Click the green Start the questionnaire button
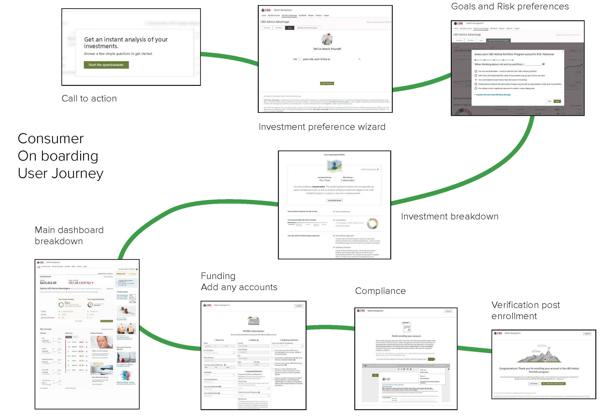pyautogui.click(x=106, y=65)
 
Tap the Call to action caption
pyautogui.click(x=89, y=99)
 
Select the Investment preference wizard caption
pyautogui.click(x=322, y=127)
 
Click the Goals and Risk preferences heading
pyautogui.click(x=510, y=7)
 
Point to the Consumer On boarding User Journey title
pyautogui.click(x=60, y=156)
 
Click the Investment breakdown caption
pyautogui.click(x=449, y=217)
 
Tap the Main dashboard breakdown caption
pyautogui.click(x=69, y=235)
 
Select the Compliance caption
pyautogui.click(x=380, y=291)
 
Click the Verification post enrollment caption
pyautogui.click(x=525, y=311)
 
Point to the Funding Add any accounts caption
pyautogui.click(x=239, y=282)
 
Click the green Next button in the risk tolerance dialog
pyautogui.click(x=557, y=101)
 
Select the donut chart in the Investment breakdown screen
pyautogui.click(x=372, y=224)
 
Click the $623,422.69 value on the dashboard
pyautogui.click(x=48, y=283)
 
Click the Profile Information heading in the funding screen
pyautogui.click(x=253, y=331)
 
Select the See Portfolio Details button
pyautogui.click(x=334, y=201)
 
